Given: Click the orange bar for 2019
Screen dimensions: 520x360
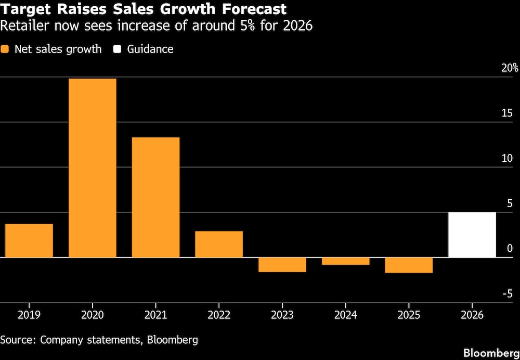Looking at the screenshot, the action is tap(29, 240).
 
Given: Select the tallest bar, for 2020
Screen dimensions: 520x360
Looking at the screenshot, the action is tap(93, 168).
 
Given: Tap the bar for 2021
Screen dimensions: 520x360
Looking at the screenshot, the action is tap(156, 197).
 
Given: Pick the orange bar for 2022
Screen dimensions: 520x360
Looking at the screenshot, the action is tap(219, 244).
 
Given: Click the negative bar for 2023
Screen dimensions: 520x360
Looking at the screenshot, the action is tap(282, 265).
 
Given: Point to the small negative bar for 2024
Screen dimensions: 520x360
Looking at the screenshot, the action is tap(346, 261).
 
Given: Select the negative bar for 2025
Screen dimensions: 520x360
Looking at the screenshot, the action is tap(409, 265).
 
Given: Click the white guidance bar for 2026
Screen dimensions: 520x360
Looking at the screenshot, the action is tap(472, 235).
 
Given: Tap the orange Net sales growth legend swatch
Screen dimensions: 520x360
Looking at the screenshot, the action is tap(5, 49).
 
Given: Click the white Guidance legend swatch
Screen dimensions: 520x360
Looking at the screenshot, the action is tap(118, 49).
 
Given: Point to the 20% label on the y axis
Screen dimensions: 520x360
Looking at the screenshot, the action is tap(510, 68).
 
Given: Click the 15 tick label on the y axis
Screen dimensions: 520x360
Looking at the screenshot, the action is tap(507, 113).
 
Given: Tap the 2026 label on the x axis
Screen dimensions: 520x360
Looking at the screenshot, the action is tap(472, 315).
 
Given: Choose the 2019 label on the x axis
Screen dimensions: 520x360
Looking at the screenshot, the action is tap(29, 315).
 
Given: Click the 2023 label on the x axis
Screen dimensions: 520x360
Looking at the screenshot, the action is tap(282, 315).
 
